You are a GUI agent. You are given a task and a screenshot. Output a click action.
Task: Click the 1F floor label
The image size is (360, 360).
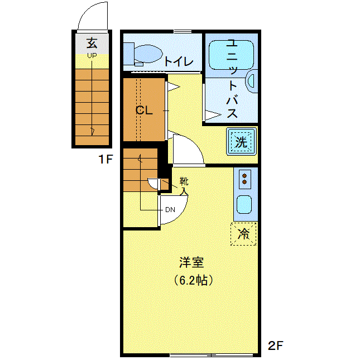(x=105, y=159)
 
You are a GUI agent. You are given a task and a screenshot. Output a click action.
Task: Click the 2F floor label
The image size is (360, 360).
(x=276, y=345)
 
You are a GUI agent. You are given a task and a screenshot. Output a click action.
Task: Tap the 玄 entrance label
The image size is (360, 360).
(x=92, y=43)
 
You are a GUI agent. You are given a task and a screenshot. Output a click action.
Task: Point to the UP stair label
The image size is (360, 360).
(x=92, y=56)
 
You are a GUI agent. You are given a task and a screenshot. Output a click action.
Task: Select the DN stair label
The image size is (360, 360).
(x=170, y=210)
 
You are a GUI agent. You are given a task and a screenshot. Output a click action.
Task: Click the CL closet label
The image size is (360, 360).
(x=144, y=111)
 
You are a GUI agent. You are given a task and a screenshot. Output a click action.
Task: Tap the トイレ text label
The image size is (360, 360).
(x=179, y=61)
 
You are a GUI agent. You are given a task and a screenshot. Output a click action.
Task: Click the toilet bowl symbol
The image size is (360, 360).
(x=147, y=54)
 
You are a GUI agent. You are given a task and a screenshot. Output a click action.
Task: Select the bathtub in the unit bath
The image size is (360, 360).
(x=232, y=55)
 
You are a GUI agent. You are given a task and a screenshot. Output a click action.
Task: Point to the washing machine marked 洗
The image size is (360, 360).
(x=241, y=142)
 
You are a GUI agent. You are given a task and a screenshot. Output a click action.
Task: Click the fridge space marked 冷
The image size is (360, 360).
(x=243, y=234)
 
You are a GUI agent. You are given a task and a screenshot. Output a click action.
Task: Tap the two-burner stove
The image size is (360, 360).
(x=245, y=179)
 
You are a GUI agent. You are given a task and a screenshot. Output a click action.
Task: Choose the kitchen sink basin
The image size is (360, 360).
(x=244, y=204)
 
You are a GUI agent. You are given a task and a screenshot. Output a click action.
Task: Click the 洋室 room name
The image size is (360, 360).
(x=191, y=263)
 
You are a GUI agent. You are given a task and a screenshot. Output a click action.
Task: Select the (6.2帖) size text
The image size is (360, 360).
(x=193, y=280)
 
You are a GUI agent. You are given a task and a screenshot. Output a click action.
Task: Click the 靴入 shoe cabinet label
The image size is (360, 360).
(x=184, y=186)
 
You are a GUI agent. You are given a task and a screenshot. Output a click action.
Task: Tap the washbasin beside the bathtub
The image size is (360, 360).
(x=252, y=81)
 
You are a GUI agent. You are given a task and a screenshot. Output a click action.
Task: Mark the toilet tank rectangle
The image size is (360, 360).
(x=129, y=54)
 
